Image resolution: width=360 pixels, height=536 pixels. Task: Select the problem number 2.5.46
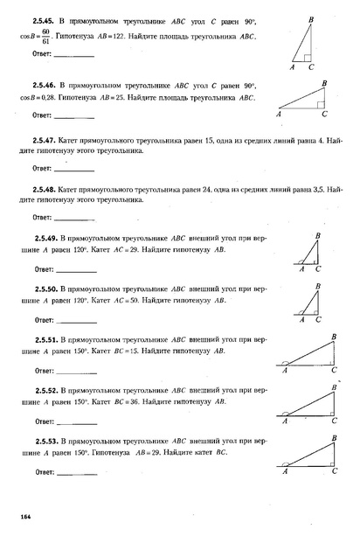tap(45, 86)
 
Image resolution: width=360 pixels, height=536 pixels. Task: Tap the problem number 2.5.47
tap(45, 141)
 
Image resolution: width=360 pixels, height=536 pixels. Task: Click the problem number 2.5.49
tap(45, 239)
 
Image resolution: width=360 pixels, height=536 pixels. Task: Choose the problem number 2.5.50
tap(45, 288)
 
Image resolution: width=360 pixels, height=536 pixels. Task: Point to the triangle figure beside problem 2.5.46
tap(307, 97)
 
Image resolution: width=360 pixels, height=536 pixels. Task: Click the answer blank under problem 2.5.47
tap(73, 169)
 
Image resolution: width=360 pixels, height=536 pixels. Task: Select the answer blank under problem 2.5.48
tap(73, 218)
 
